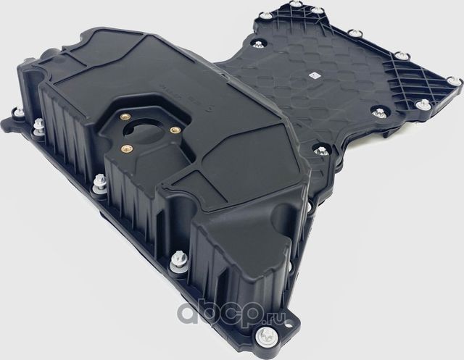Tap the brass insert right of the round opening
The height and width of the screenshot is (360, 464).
174,130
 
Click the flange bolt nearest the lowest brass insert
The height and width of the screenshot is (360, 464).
97,189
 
